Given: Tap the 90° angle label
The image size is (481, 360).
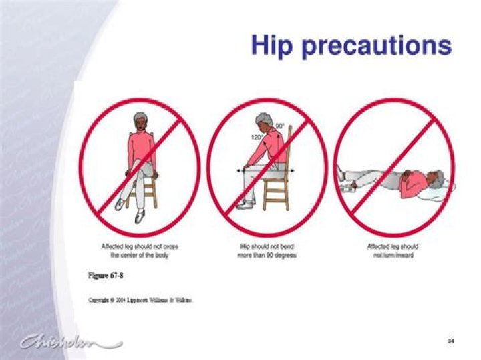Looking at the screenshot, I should pos(279,126).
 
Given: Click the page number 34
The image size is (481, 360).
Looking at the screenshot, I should pos(450,341).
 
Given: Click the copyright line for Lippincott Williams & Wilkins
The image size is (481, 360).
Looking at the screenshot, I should pos(141,301).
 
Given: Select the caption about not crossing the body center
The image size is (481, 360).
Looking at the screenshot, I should pos(140,250).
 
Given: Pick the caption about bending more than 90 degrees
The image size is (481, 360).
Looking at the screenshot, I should pos(268,250).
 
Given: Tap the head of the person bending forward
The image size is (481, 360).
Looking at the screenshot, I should pos(262,122).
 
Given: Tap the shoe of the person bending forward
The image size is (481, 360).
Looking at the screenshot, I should pos(246,204).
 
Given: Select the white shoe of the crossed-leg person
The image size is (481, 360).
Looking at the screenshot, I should pos(140,217).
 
